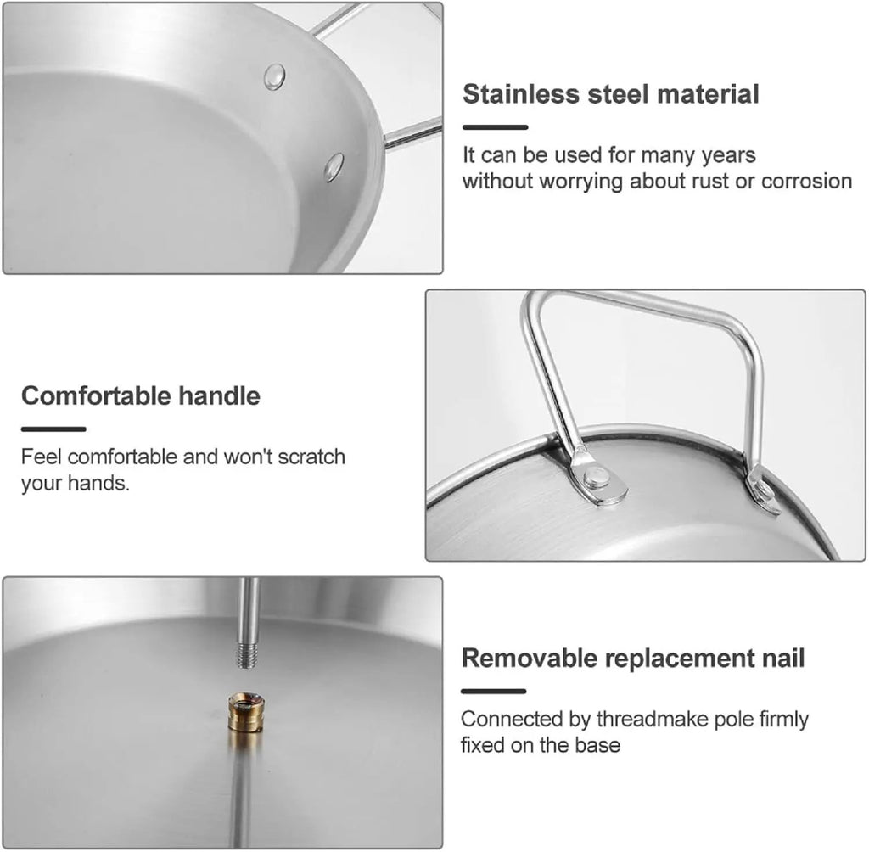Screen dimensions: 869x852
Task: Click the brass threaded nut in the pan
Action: [246, 712]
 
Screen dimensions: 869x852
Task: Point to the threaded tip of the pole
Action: [247, 654]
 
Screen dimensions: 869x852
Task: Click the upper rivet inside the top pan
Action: [274, 76]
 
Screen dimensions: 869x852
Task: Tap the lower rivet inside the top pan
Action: [334, 167]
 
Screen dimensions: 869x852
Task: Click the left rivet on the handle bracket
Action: [597, 476]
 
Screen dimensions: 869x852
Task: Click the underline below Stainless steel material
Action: [495, 127]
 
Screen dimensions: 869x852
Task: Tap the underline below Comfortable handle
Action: [53, 429]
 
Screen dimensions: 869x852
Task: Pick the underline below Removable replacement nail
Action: [493, 692]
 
